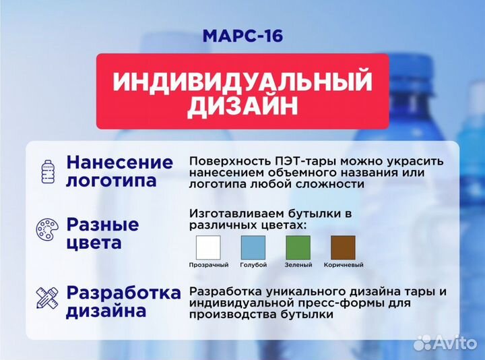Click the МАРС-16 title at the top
(242, 34)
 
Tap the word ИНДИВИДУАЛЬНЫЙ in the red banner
(243, 82)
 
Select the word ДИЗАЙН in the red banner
(243, 107)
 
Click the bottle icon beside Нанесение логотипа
(48, 171)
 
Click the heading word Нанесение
(119, 162)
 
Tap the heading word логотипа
(111, 181)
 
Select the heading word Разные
(102, 224)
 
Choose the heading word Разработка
(124, 293)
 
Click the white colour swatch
(208, 247)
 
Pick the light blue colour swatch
(253, 247)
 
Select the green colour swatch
(298, 247)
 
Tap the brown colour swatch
(343, 247)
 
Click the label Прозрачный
(208, 265)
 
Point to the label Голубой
(253, 265)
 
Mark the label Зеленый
(298, 265)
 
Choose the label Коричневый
(343, 265)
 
